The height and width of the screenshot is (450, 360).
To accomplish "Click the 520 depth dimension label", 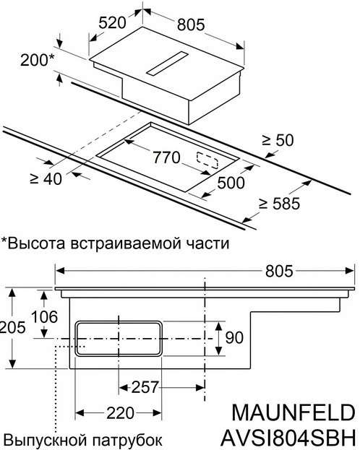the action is point(112,22).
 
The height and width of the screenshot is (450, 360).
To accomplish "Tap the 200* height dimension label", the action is point(37,60).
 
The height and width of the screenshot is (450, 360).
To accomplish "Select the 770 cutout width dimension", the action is point(166,157).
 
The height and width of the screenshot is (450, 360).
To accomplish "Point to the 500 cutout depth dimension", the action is point(231,183).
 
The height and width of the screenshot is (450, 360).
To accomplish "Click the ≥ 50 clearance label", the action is point(278,141).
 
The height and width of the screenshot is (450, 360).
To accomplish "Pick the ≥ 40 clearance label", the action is point(46,179).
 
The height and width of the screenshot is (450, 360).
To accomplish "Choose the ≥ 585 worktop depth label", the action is point(279,204).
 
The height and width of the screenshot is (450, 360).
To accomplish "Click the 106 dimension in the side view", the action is point(44,316).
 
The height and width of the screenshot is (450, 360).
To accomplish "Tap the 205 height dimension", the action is point(12,327).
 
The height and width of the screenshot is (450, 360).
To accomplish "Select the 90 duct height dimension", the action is point(234,337).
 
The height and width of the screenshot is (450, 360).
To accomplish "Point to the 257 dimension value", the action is point(145,387).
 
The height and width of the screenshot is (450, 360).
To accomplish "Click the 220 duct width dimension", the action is point(121,413).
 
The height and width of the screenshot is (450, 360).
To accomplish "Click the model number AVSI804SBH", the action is point(288,438).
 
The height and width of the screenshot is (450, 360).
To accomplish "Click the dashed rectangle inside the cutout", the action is point(207,160).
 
